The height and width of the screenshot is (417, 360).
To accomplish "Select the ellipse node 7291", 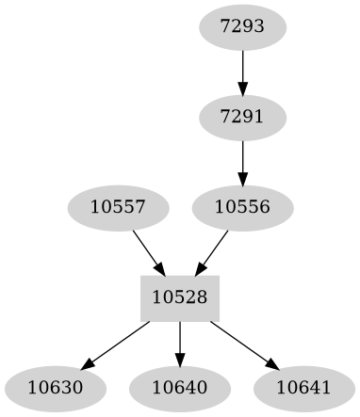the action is click(x=243, y=116).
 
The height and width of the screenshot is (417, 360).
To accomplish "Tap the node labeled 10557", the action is click(x=118, y=206).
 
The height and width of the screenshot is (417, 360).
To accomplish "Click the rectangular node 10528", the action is click(x=180, y=297).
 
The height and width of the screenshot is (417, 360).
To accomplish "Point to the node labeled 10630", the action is click(x=55, y=387).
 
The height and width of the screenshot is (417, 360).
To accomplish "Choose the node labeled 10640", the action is click(x=180, y=387).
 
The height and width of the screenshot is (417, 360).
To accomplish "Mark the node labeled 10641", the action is click(x=304, y=387).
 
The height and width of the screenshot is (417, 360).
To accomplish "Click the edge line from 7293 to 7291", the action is click(x=243, y=66).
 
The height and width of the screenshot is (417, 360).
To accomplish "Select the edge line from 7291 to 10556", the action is click(x=243, y=156).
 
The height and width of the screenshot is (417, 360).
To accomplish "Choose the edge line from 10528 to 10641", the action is click(x=242, y=342).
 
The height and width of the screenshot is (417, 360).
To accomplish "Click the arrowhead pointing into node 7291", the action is click(x=243, y=89).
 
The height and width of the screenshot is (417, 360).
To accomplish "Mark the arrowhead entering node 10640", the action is click(x=180, y=361).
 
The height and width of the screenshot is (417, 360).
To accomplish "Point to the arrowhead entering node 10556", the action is click(x=243, y=180).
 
